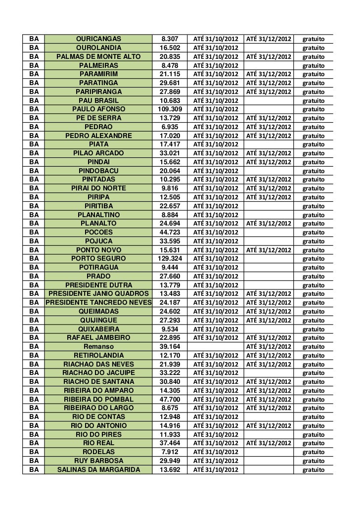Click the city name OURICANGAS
point(98,39)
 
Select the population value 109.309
point(170,109)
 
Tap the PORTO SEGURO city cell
point(98,259)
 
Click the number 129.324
point(170,259)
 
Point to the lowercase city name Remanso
point(98,346)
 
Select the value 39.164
point(170,346)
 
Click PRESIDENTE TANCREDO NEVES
point(98,302)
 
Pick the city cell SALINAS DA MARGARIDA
point(98,469)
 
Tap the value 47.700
point(170,399)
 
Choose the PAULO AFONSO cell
point(98,109)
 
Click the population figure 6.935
point(170,127)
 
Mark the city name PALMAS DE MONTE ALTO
point(98,57)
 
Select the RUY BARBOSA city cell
point(98,461)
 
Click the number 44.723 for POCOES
point(170,232)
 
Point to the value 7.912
point(170,452)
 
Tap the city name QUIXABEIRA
point(98,328)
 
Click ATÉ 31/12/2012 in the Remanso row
point(269,346)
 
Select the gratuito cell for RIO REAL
point(314,443)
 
